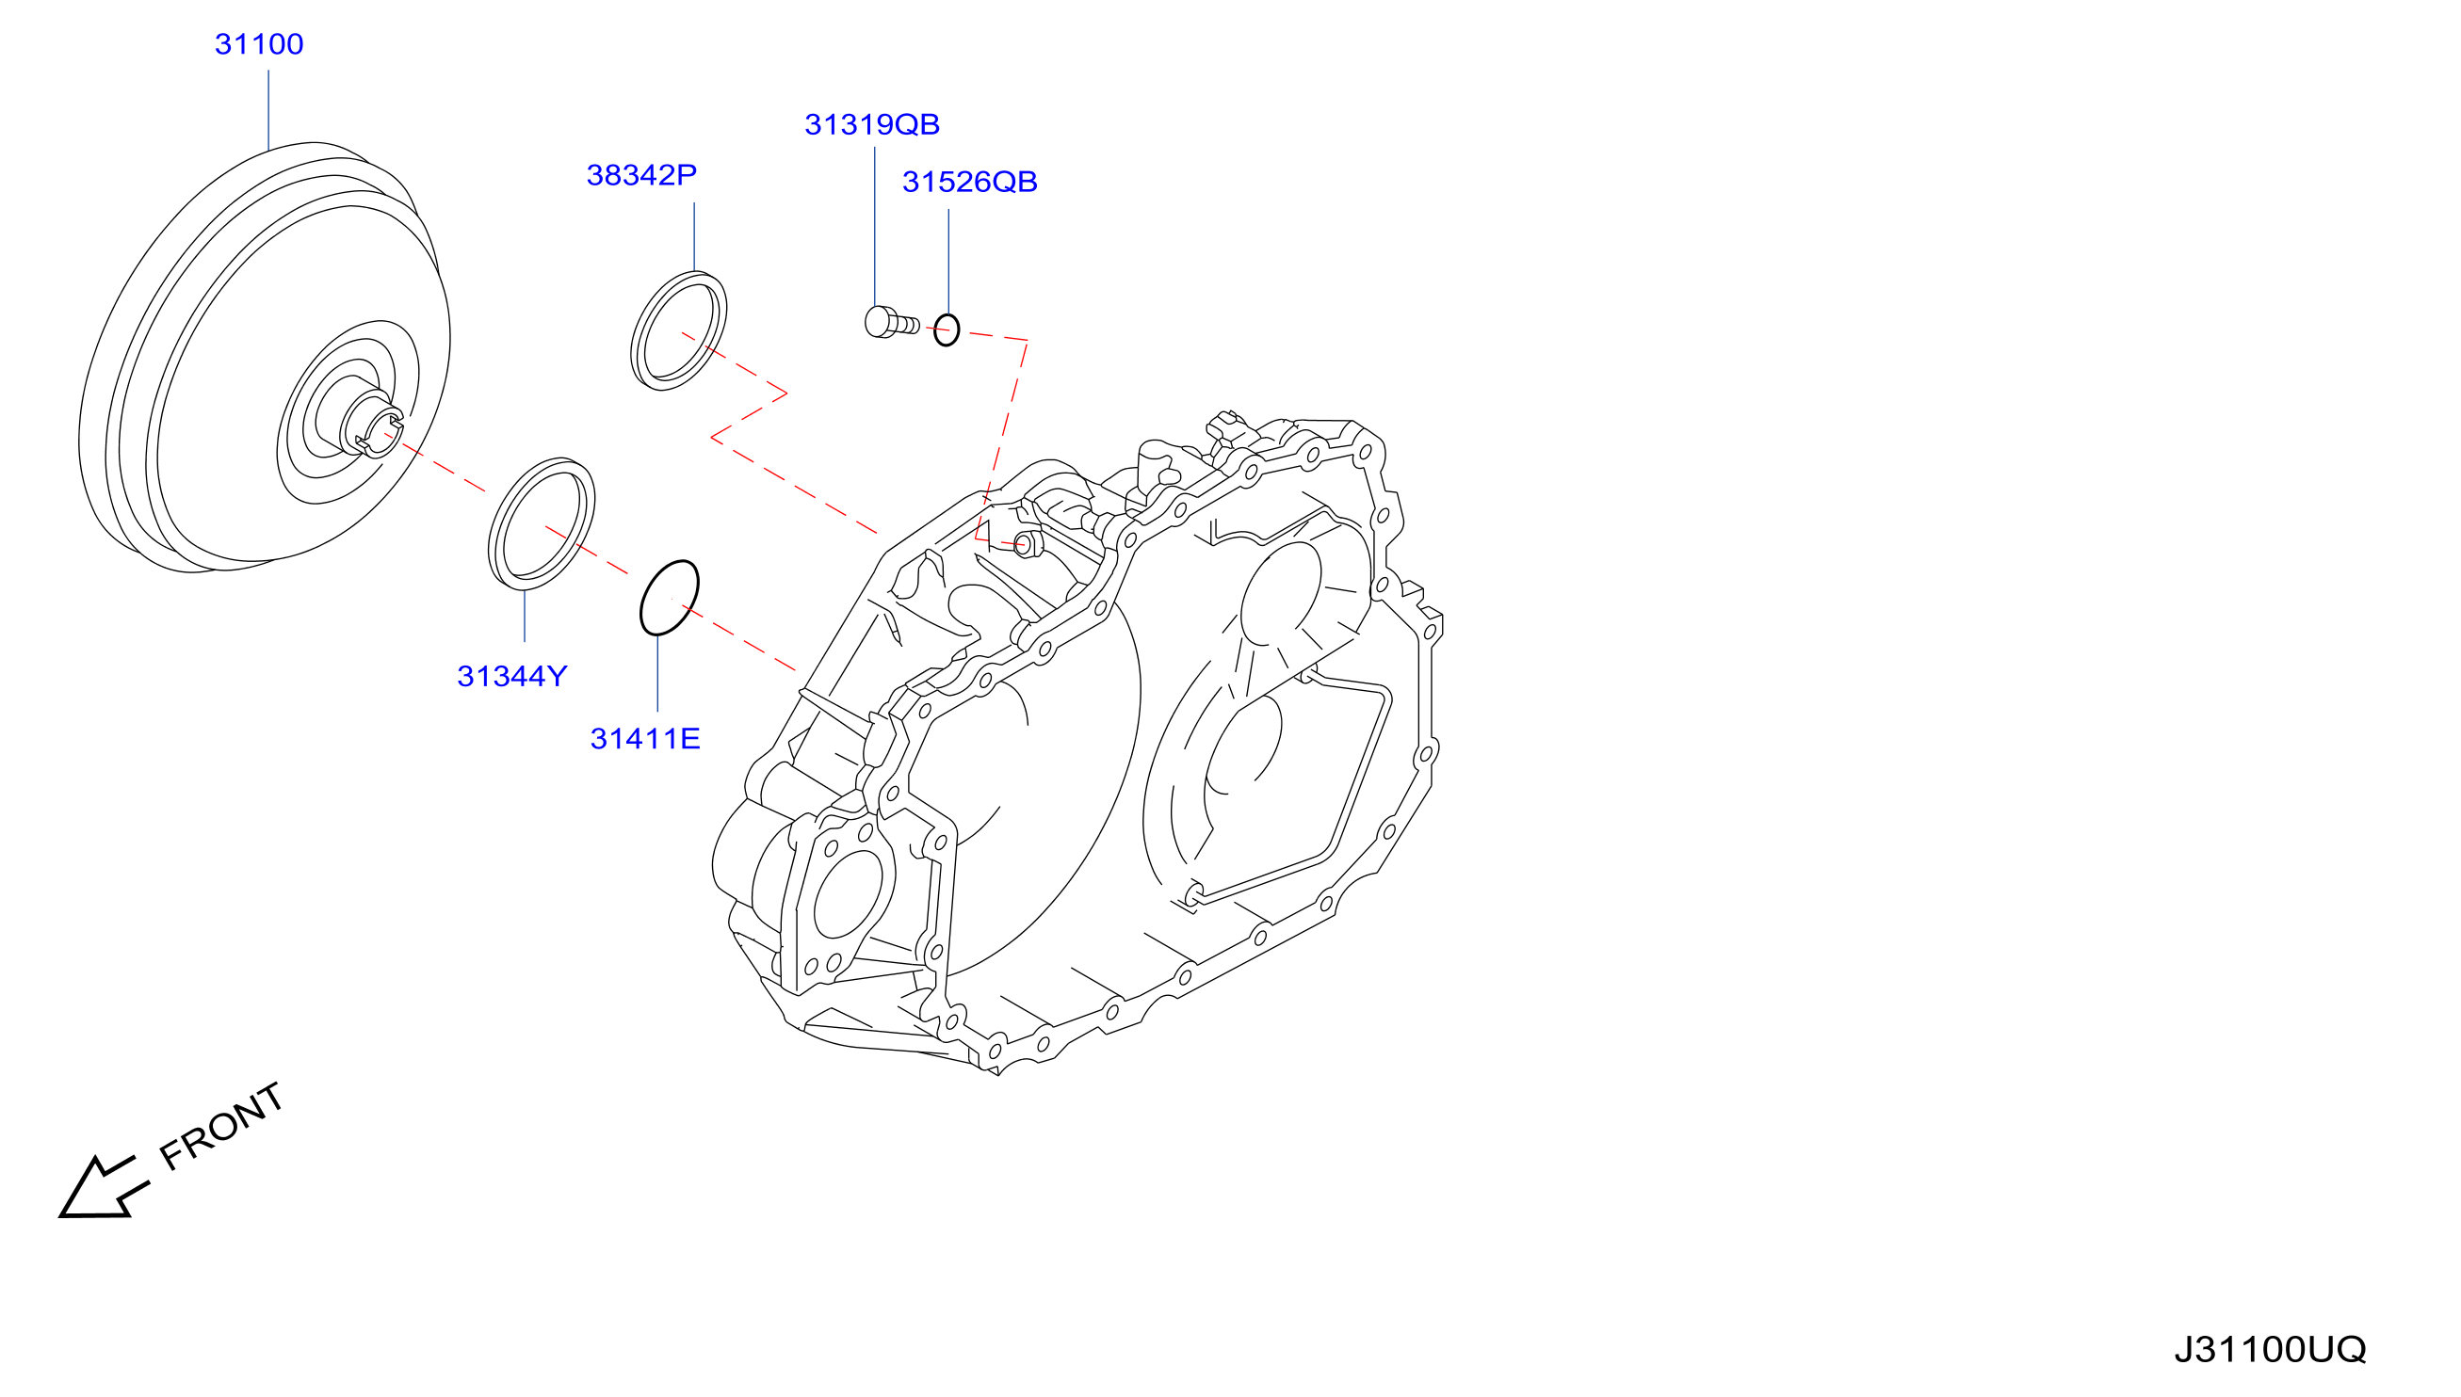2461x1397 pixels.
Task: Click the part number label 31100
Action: click(259, 44)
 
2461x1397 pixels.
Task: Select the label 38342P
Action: click(641, 175)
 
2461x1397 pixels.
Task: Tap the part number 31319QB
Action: click(871, 124)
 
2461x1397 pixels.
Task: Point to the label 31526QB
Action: click(969, 183)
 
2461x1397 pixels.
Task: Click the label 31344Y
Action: click(511, 677)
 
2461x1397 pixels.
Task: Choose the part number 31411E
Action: click(645, 739)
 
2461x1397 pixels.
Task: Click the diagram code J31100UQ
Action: click(2270, 1349)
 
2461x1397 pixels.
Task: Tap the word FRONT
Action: click(220, 1127)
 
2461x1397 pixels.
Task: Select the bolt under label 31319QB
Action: click(892, 322)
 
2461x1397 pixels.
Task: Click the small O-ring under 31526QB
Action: click(947, 330)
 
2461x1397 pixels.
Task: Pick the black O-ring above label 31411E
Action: click(669, 598)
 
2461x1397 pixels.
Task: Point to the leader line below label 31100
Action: click(268, 109)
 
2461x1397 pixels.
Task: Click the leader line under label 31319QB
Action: click(874, 227)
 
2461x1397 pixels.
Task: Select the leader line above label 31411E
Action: click(657, 672)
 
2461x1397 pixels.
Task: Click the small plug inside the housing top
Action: click(1026, 544)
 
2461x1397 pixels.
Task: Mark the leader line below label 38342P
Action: click(694, 236)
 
